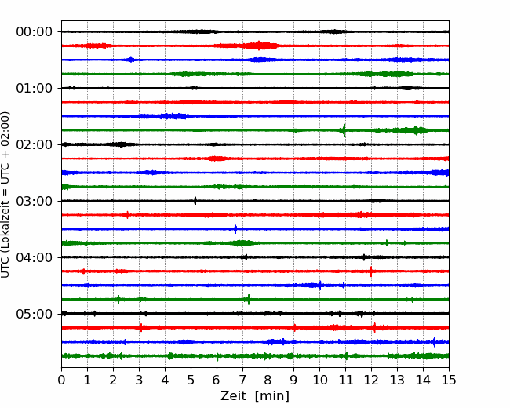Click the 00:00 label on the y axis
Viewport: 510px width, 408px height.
click(x=35, y=32)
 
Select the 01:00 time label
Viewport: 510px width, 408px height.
click(x=35, y=88)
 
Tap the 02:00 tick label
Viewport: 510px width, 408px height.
click(x=35, y=144)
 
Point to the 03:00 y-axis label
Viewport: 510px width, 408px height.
click(x=35, y=201)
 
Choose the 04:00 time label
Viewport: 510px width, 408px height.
click(x=35, y=257)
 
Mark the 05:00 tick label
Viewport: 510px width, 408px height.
click(x=35, y=314)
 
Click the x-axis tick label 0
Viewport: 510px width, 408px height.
click(x=61, y=380)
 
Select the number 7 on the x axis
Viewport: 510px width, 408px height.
click(x=242, y=380)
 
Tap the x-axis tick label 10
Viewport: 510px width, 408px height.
click(x=319, y=380)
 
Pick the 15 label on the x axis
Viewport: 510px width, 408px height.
click(x=449, y=380)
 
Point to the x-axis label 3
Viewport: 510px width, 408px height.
click(x=139, y=380)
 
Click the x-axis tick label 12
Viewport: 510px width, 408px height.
click(x=371, y=380)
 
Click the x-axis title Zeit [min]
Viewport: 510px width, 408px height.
click(x=255, y=396)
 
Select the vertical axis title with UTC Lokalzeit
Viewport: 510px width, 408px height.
click(x=5, y=195)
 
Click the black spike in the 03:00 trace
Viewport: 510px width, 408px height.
click(x=195, y=201)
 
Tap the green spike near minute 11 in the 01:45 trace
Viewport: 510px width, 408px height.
click(x=344, y=130)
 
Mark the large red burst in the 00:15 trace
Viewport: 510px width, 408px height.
click(x=259, y=46)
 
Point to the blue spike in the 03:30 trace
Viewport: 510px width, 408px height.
click(x=235, y=229)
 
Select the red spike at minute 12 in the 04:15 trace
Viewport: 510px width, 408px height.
click(x=371, y=271)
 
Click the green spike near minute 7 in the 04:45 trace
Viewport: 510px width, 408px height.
click(x=249, y=299)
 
